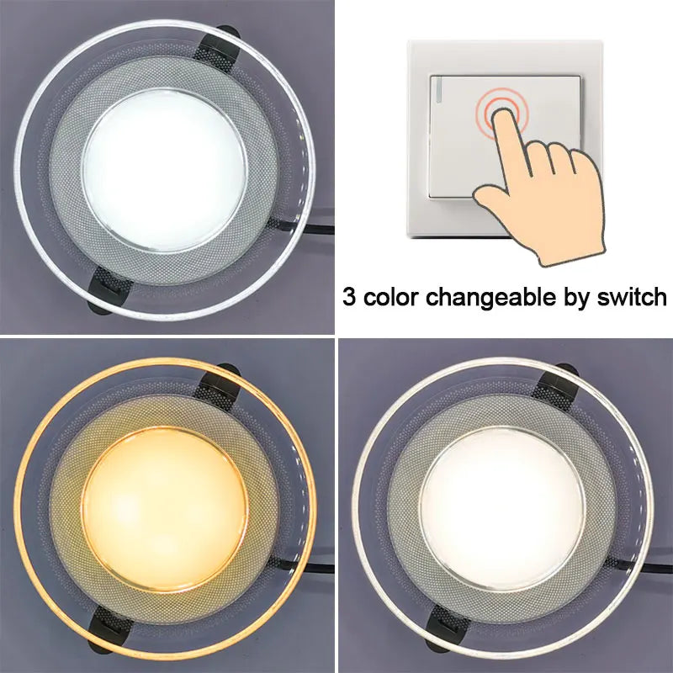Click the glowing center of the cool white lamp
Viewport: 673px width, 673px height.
pos(165,182)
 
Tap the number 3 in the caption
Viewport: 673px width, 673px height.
pos(349,297)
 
